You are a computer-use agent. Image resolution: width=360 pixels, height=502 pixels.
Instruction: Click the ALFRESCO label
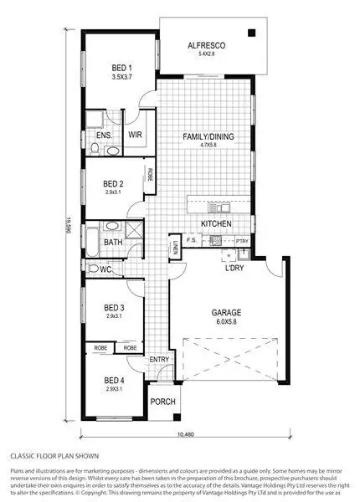pyautogui.click(x=203, y=46)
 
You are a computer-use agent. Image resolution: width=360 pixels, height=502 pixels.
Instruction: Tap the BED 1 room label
pyautogui.click(x=123, y=67)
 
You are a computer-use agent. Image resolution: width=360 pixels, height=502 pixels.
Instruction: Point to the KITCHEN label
pyautogui.click(x=216, y=224)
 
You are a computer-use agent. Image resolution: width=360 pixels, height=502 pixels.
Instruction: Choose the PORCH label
pyautogui.click(x=162, y=402)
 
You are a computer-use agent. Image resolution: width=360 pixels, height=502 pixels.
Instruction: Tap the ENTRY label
pyautogui.click(x=159, y=360)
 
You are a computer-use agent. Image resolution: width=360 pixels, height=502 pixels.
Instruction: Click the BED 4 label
pyautogui.click(x=114, y=380)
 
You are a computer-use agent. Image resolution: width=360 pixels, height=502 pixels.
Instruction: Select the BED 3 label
pyautogui.click(x=114, y=307)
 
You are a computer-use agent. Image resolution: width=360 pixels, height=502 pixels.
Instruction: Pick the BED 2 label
pyautogui.click(x=114, y=183)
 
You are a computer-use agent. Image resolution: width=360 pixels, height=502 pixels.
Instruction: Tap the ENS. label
pyautogui.click(x=104, y=134)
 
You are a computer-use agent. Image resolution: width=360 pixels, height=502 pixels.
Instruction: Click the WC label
pyautogui.click(x=106, y=269)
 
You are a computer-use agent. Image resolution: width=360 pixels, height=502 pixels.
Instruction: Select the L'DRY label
pyautogui.click(x=234, y=268)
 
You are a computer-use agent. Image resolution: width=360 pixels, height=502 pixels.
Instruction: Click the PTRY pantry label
pyautogui.click(x=243, y=241)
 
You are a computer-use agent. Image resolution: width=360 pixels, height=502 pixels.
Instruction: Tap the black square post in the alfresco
pyautogui.click(x=249, y=33)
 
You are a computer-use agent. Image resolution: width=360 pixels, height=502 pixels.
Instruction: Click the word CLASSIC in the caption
pyautogui.click(x=23, y=457)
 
